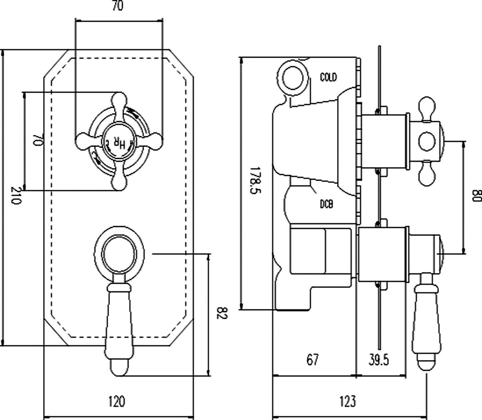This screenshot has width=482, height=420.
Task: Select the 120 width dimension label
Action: (x=117, y=401)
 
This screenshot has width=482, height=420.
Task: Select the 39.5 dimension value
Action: (x=379, y=360)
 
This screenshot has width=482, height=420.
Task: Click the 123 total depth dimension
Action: (x=348, y=401)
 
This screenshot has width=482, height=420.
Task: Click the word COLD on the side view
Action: (x=328, y=77)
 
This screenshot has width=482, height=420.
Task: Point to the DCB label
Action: (x=326, y=204)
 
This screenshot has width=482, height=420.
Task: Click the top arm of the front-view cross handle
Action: (x=119, y=102)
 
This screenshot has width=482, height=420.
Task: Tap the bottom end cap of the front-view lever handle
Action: (x=119, y=367)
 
